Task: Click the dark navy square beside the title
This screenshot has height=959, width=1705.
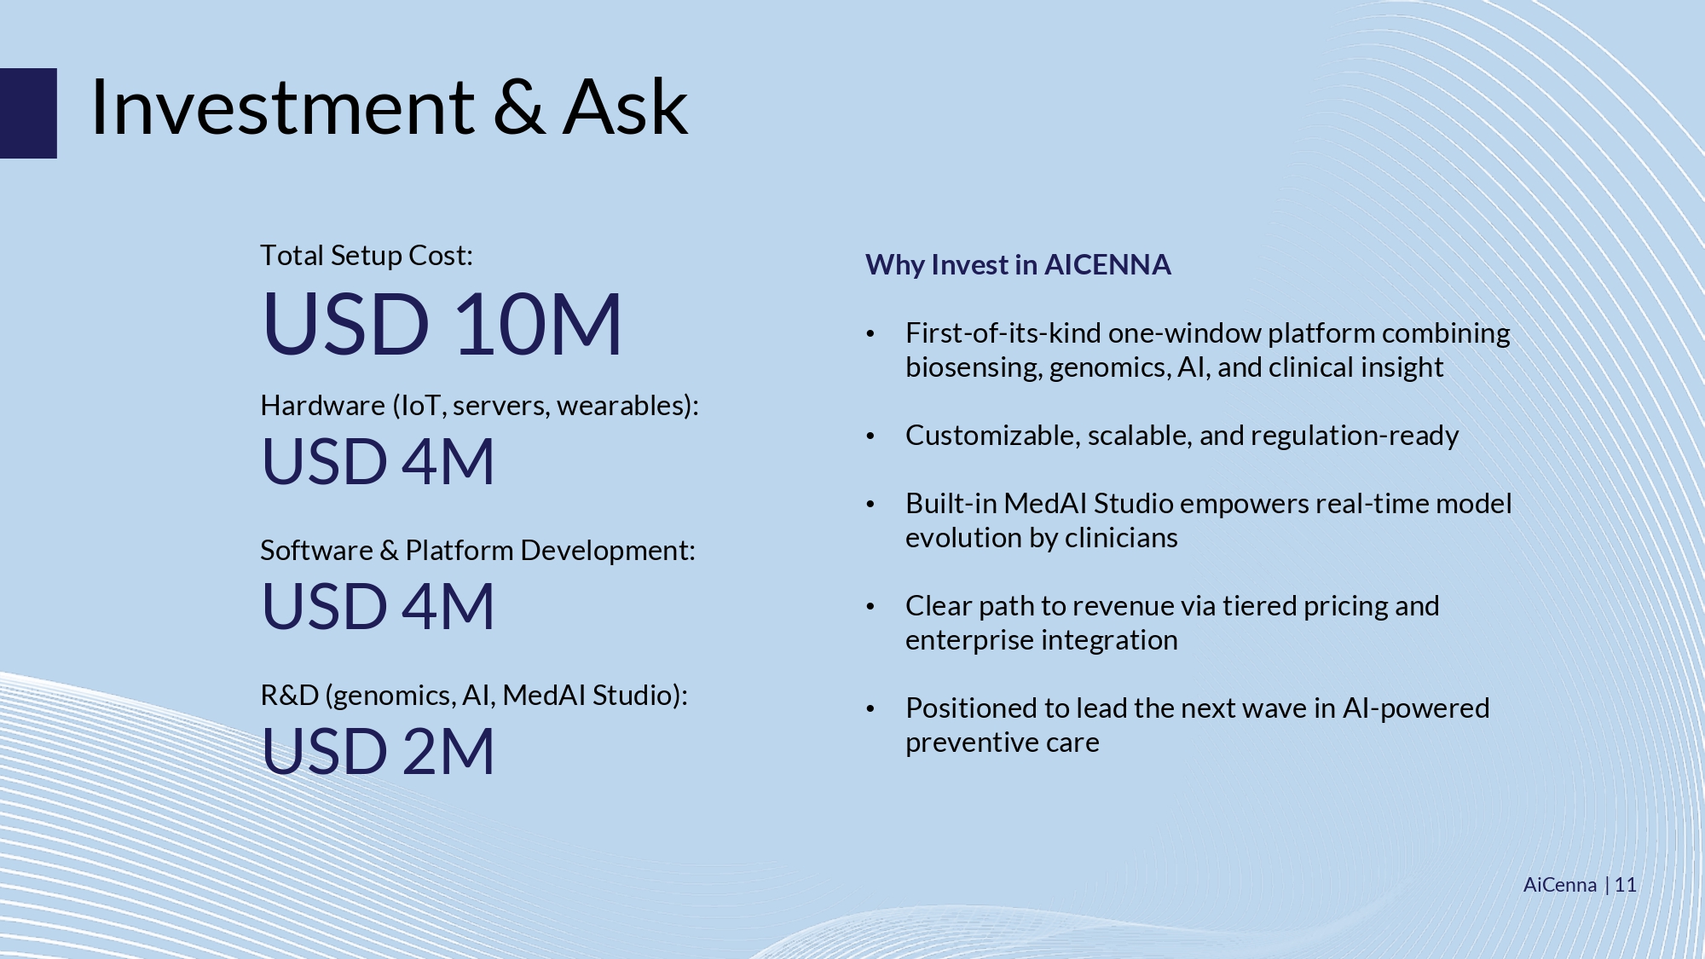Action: [x=28, y=113]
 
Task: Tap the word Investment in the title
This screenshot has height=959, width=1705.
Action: [x=282, y=107]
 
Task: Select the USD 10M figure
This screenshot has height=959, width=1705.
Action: [x=442, y=324]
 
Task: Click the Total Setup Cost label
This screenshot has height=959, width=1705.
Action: [x=367, y=256]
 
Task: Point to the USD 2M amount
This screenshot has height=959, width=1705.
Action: [x=378, y=751]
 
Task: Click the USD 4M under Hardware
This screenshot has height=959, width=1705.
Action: [x=378, y=461]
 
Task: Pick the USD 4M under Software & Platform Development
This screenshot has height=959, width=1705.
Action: [x=378, y=606]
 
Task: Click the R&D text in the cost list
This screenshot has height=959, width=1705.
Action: [x=290, y=696]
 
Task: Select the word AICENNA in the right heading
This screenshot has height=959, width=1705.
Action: [x=1107, y=265]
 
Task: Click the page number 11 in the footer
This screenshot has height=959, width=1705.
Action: [x=1625, y=885]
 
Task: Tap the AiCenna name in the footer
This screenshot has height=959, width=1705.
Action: [x=1560, y=885]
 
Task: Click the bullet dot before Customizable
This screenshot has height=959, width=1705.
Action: [x=870, y=436]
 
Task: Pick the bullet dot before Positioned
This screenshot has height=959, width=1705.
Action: [x=870, y=709]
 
